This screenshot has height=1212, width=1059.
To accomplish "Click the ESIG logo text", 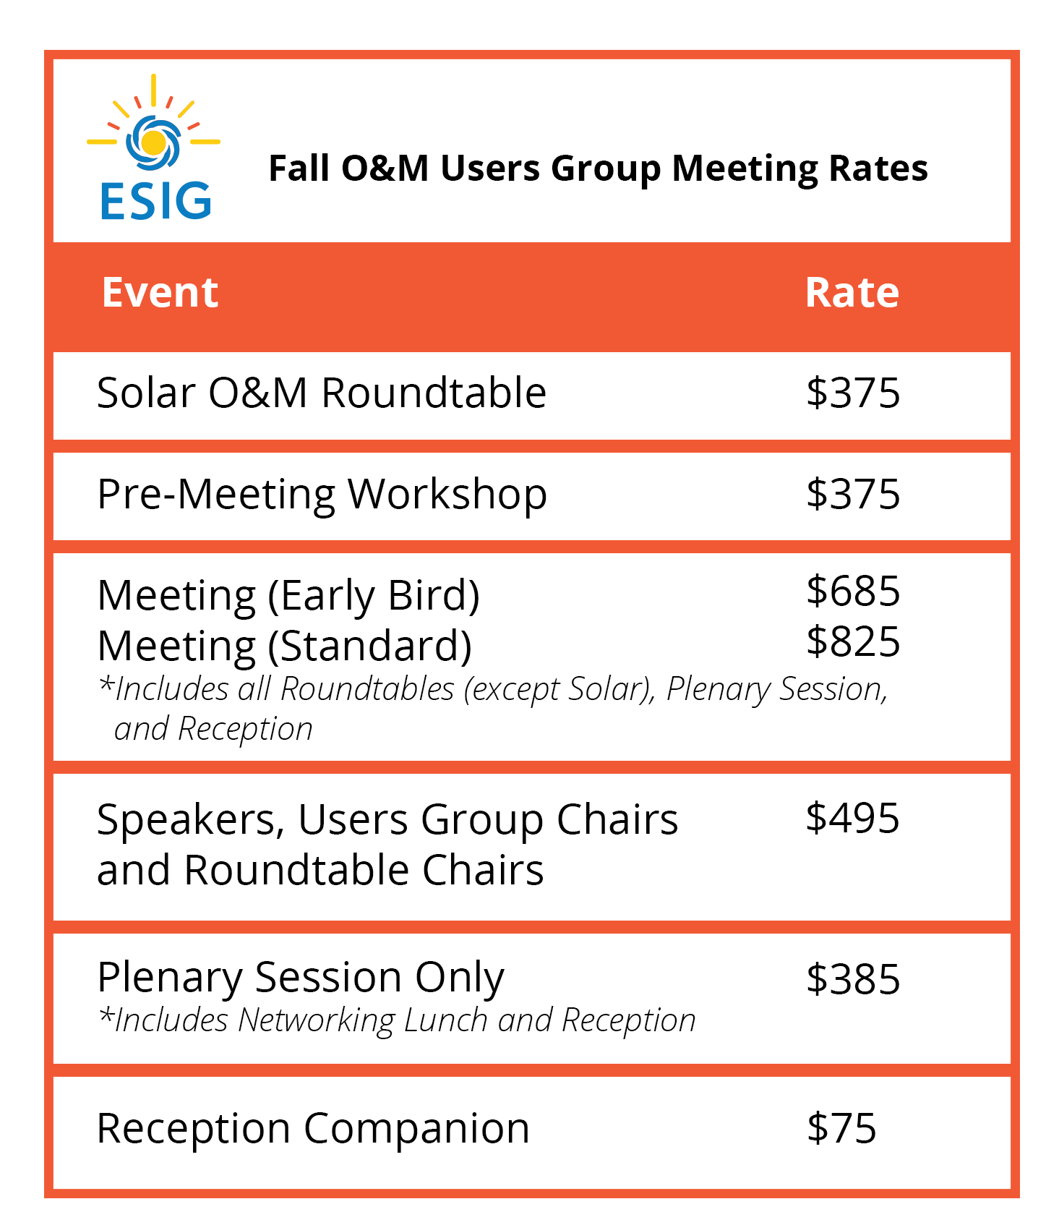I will pyautogui.click(x=155, y=200).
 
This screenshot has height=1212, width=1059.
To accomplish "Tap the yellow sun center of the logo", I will pyautogui.click(x=153, y=142).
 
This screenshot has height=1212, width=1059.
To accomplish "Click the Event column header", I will pyautogui.click(x=160, y=293).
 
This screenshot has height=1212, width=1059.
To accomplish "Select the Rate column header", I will pyautogui.click(x=852, y=293).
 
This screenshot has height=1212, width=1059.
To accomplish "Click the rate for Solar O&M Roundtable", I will pyautogui.click(x=853, y=393).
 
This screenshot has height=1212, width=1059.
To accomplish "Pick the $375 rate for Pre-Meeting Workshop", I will pyautogui.click(x=853, y=495).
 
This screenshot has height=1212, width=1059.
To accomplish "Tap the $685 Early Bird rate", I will pyautogui.click(x=853, y=592).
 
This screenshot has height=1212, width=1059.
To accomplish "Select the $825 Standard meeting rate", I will pyautogui.click(x=853, y=642).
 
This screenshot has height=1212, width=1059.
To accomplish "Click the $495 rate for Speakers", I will pyautogui.click(x=852, y=819).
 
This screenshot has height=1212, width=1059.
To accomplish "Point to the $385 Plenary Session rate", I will pyautogui.click(x=853, y=980).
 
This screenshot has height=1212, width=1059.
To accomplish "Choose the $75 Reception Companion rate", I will pyautogui.click(x=841, y=1128).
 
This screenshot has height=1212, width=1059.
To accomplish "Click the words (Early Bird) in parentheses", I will pyautogui.click(x=374, y=597).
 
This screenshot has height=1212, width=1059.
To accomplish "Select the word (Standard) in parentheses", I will pyautogui.click(x=369, y=646).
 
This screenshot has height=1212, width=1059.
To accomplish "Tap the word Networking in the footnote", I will pyautogui.click(x=316, y=1020).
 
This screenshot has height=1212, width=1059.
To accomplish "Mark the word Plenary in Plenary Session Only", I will pyautogui.click(x=171, y=978).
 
